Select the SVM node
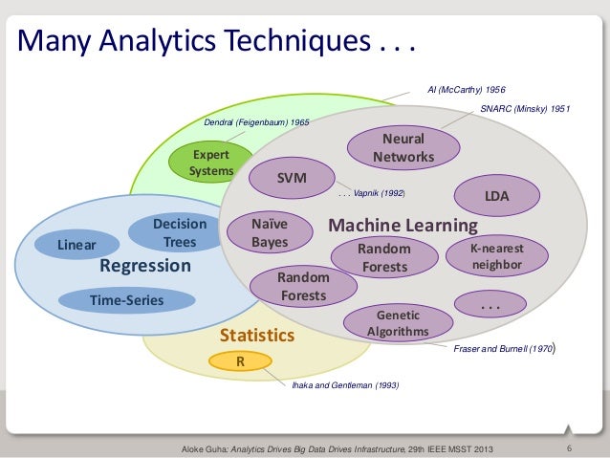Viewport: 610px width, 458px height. [x=291, y=179]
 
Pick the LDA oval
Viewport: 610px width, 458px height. [x=497, y=195]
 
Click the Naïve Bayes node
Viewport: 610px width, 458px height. [x=270, y=233]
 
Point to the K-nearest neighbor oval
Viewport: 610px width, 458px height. [x=496, y=255]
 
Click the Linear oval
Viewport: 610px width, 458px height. [x=76, y=245]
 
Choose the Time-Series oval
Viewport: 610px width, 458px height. [x=126, y=301]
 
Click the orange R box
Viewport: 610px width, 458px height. [x=241, y=362]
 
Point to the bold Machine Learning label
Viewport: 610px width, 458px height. [x=403, y=226]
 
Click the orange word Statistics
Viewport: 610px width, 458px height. [x=257, y=336]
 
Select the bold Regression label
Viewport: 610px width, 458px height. [x=145, y=266]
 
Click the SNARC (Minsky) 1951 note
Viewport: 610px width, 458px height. [x=525, y=109]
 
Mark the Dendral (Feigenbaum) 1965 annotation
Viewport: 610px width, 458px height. [x=256, y=123]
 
